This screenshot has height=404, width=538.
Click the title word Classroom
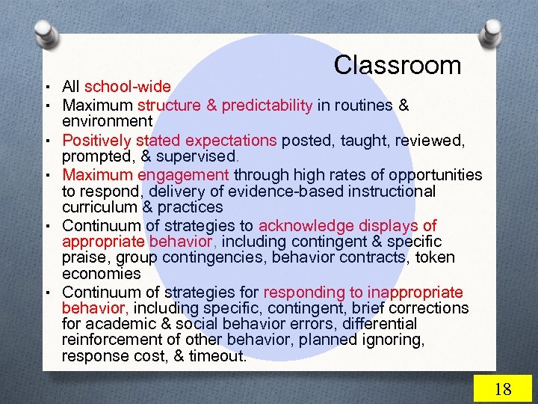tap(397, 65)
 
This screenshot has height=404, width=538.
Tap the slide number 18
tap(503, 389)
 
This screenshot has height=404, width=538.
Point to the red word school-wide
tap(128, 88)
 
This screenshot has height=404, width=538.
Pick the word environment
tap(107, 121)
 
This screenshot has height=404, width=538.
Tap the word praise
tap(84, 258)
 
